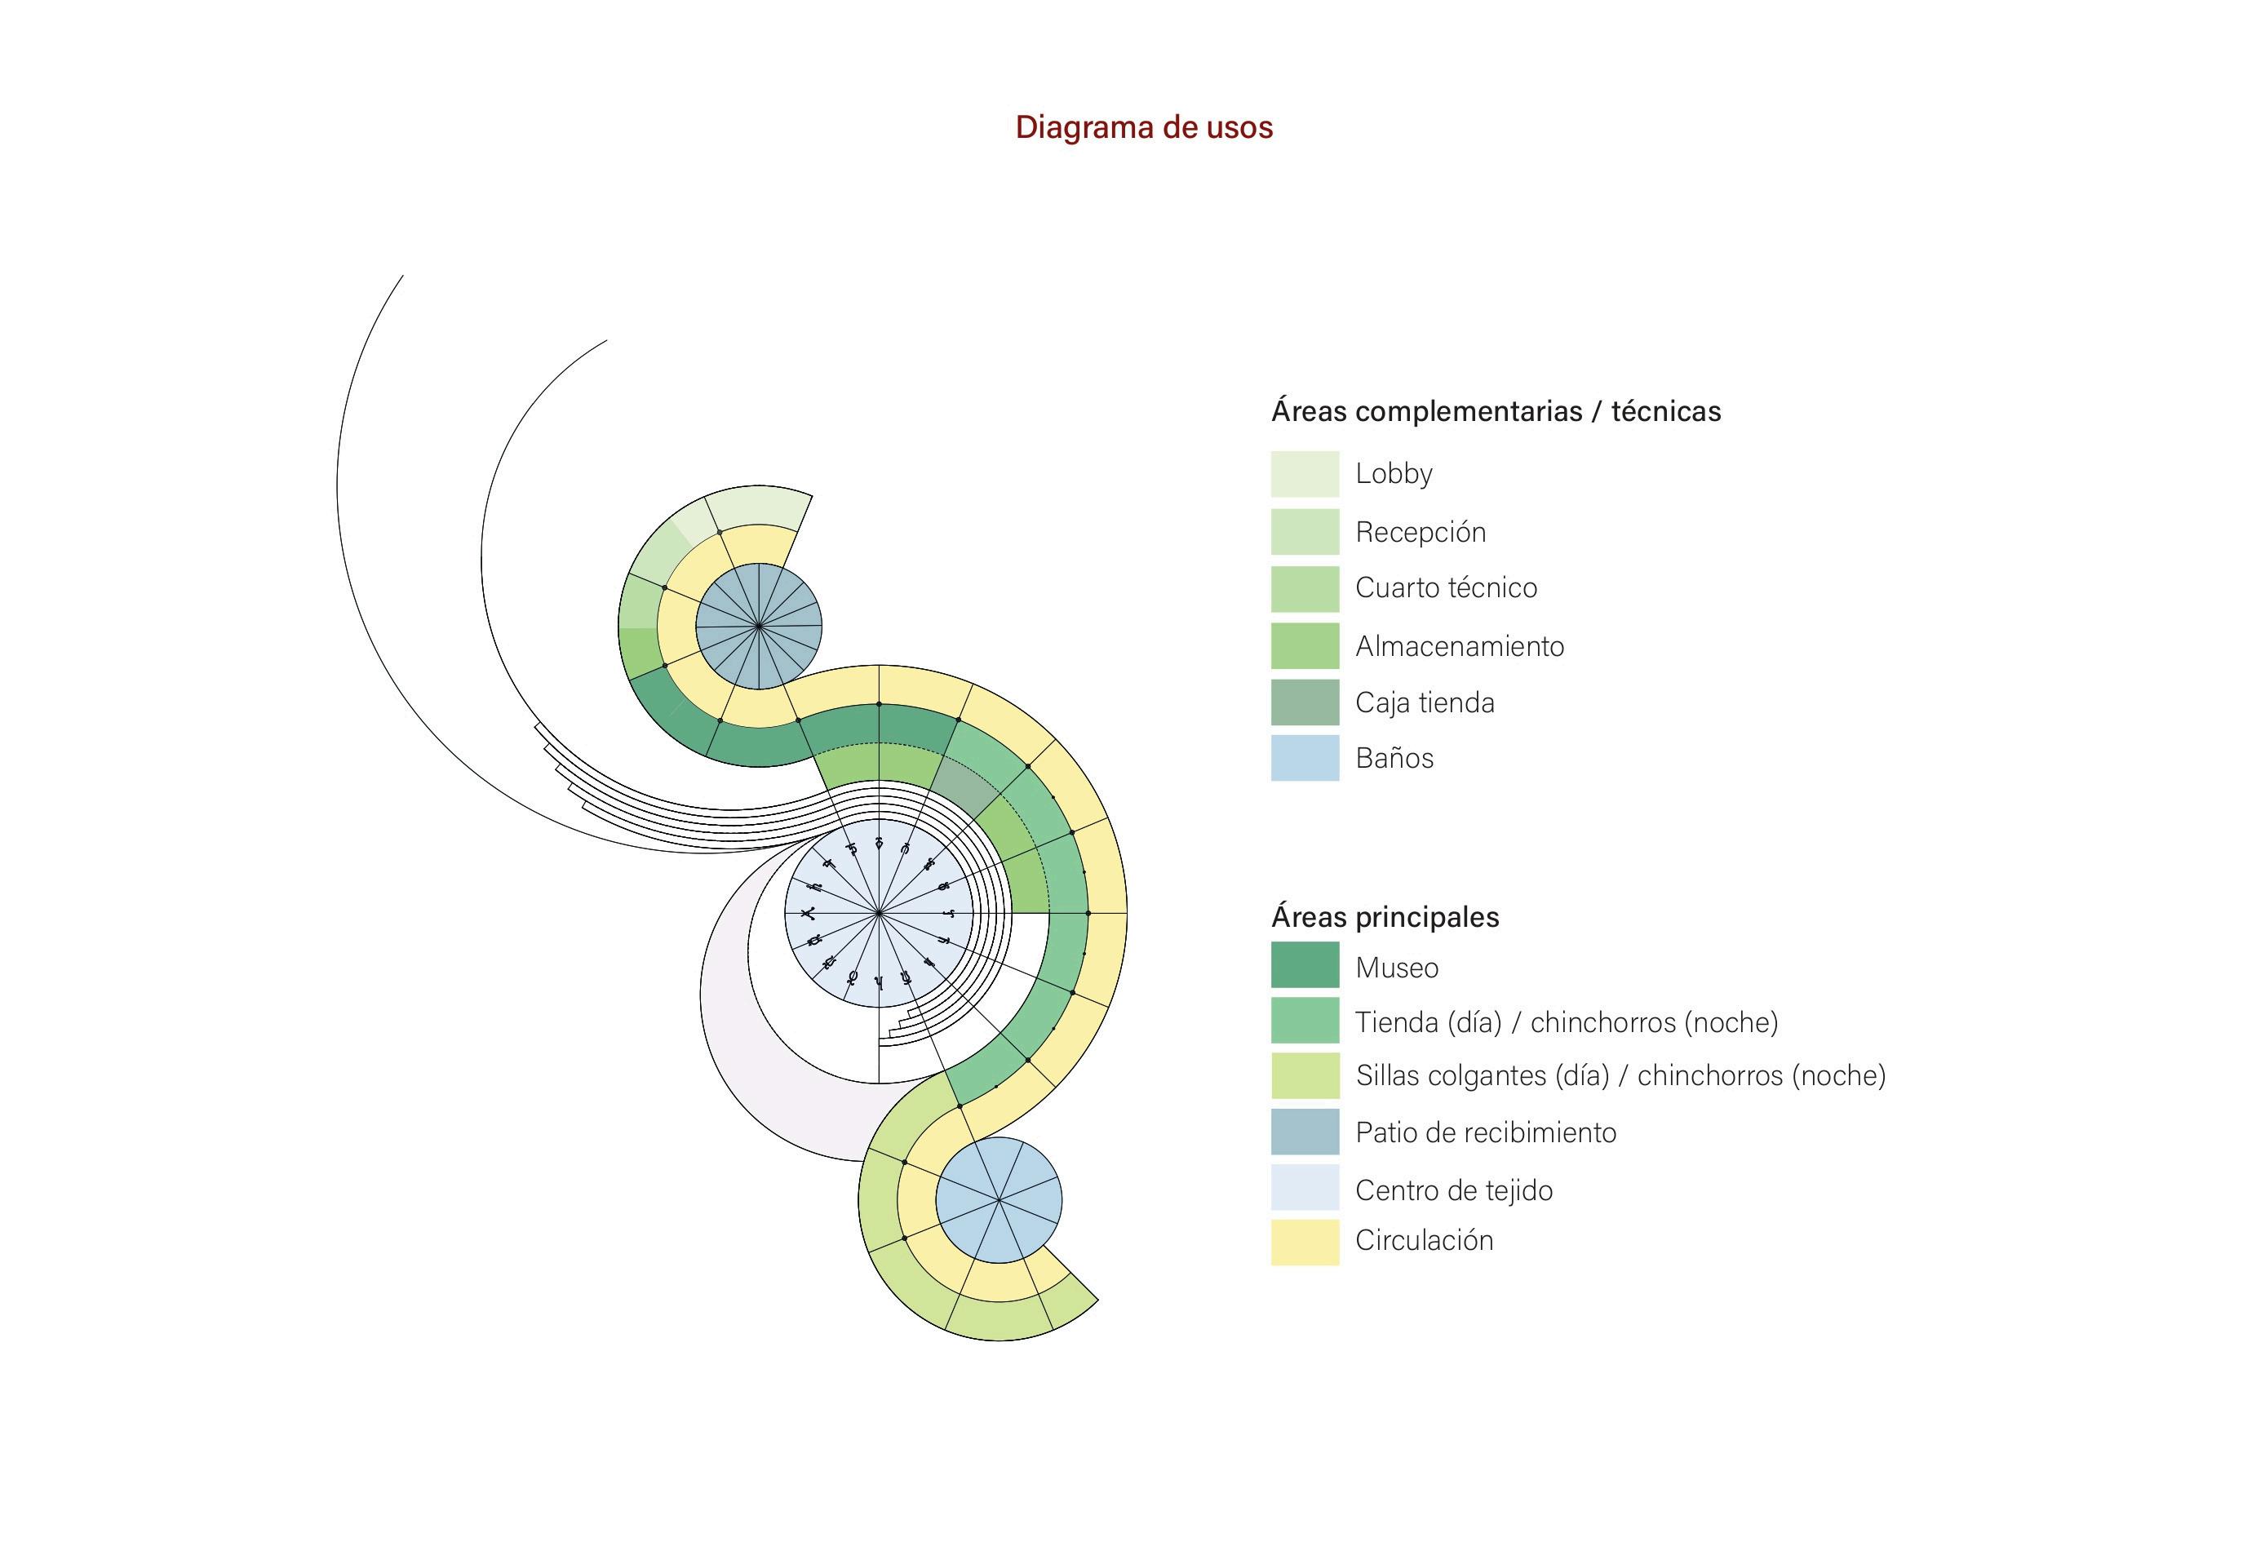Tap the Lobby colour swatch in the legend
pos(1304,474)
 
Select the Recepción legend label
pos(1420,532)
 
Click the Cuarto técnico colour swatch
pos(1304,589)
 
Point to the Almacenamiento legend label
pos(1459,646)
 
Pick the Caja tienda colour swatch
pos(1304,702)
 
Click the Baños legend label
pos(1394,758)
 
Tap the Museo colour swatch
pos(1304,965)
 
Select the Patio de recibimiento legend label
pos(1485,1132)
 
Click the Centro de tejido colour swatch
pos(1304,1187)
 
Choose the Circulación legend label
pos(1424,1241)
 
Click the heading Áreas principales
pos(1384,917)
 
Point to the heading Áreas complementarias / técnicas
pos(1495,411)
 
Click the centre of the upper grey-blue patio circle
pos(758,626)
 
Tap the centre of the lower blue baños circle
pos(998,1200)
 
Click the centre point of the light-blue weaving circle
pos(878,913)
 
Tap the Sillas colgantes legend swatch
pos(1304,1076)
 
